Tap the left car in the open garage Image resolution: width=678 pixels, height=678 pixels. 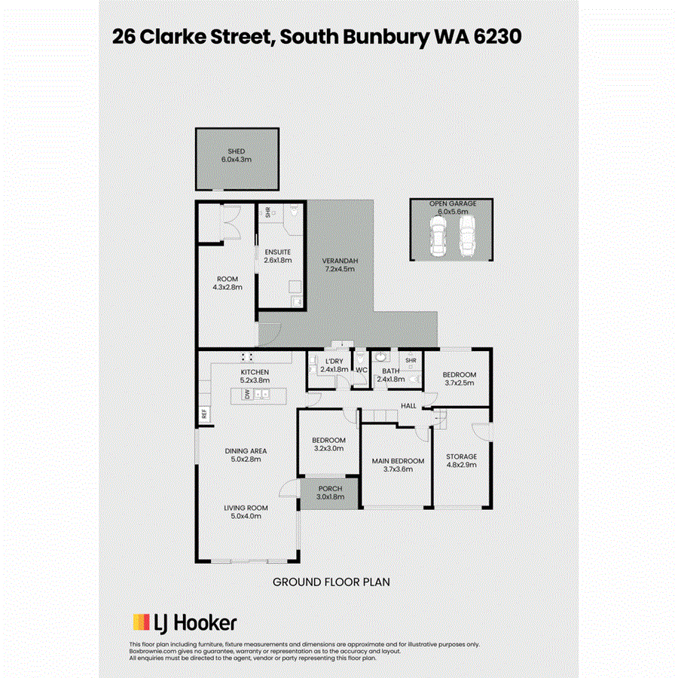point(438,237)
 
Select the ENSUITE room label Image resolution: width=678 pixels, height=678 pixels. point(277,252)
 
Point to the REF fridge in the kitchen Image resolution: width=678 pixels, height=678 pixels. point(203,414)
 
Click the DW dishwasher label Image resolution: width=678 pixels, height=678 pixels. point(246,394)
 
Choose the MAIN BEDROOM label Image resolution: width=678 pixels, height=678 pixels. point(398,460)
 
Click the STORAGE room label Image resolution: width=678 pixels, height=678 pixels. point(462,457)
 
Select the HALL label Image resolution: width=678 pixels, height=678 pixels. point(408,405)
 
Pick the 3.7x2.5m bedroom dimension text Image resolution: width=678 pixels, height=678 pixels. point(459,383)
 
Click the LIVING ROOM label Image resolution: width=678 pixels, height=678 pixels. point(246,508)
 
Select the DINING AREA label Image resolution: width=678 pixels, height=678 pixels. point(246,451)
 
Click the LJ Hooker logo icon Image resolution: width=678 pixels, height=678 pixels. point(142,622)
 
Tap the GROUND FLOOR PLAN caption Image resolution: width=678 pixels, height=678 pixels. point(331,582)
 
